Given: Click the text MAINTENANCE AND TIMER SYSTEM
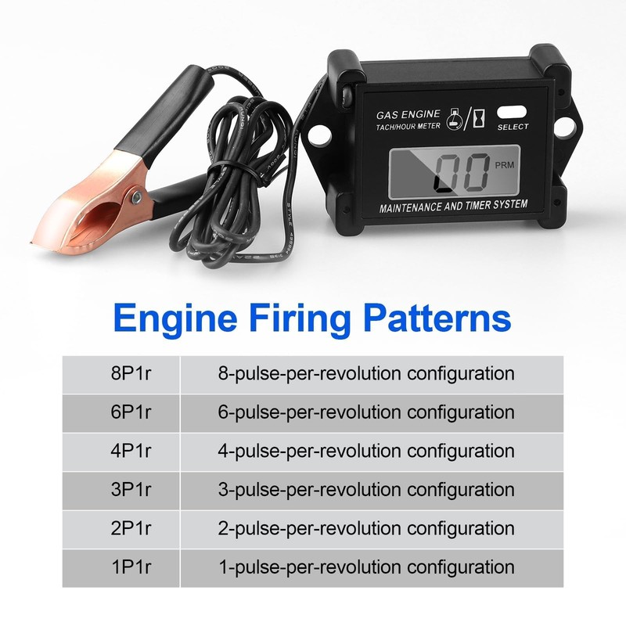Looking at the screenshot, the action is [453, 205].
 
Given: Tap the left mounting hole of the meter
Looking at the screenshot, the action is [317, 135].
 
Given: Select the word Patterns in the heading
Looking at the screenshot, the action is [435, 319].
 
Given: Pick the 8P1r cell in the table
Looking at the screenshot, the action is [131, 373].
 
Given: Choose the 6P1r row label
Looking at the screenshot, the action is [131, 412].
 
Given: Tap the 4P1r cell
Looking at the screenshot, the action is [131, 452].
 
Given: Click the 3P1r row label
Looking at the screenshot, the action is [131, 490].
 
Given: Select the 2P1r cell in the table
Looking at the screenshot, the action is [131, 529].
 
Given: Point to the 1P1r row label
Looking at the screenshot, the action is [131, 567].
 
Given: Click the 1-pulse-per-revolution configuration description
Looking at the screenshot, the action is [365, 567].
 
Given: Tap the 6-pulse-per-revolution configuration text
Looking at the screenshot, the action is [365, 412].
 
